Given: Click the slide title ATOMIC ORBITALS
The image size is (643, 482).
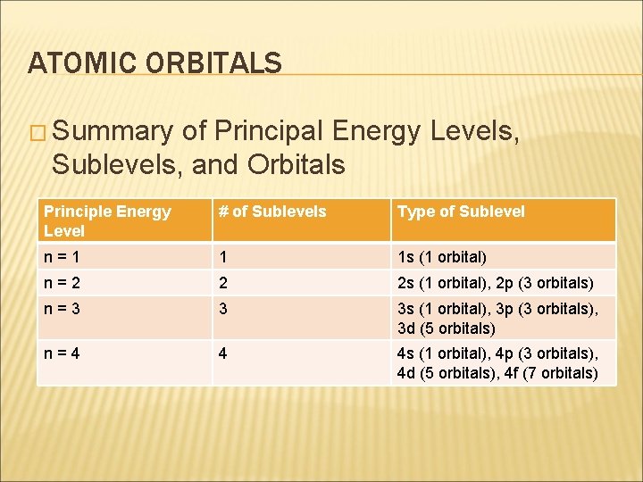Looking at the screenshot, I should (x=154, y=62).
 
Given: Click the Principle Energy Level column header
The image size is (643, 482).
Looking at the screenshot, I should (x=106, y=220).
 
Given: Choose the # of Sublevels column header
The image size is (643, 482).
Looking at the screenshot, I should (x=273, y=212).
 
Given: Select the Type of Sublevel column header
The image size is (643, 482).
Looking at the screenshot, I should (x=461, y=212).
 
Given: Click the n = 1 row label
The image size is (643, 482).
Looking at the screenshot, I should (x=63, y=257).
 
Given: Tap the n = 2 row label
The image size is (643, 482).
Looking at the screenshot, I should (x=63, y=283).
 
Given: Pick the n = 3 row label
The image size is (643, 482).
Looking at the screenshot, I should (x=63, y=309).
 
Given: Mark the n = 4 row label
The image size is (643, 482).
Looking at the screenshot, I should (x=63, y=353).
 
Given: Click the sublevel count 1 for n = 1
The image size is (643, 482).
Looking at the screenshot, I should (x=223, y=257).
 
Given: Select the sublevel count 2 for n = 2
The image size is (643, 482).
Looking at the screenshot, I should (x=223, y=283).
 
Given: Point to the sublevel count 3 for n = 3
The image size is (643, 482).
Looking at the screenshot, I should (x=223, y=309).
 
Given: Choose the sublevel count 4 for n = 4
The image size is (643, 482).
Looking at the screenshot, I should (x=223, y=353).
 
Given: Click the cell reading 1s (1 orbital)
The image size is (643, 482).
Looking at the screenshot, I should (x=441, y=257).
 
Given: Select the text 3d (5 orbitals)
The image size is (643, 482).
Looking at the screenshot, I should (x=446, y=328).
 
